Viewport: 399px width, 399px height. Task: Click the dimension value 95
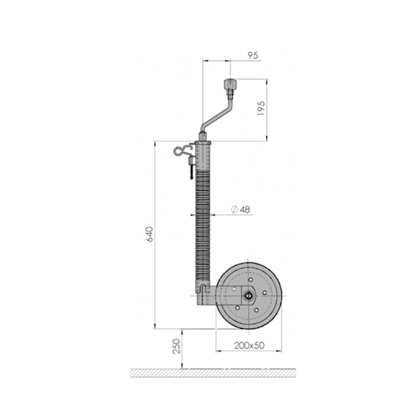pos(253,55)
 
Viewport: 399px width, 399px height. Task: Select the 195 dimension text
pos(262,110)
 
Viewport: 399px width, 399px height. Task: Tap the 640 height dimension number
pos(149,234)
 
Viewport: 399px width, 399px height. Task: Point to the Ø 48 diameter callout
pos(241,209)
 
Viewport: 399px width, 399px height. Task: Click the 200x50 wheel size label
pos(249,345)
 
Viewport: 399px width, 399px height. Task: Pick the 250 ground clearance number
pos(176,347)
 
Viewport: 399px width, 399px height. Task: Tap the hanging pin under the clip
pos(186,170)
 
